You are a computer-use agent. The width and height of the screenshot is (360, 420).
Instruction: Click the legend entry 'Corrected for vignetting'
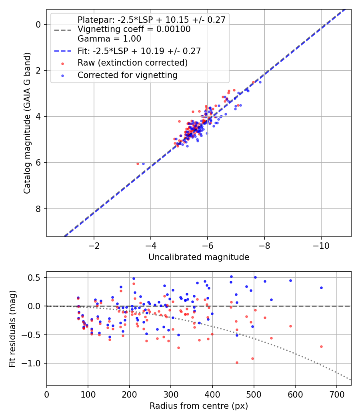(x=127, y=75)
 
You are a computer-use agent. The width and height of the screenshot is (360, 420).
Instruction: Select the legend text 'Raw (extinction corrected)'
(x=132, y=63)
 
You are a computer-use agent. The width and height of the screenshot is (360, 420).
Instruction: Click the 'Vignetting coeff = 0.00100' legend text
(x=134, y=29)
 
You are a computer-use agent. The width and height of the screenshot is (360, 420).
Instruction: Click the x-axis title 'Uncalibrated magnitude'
(x=199, y=257)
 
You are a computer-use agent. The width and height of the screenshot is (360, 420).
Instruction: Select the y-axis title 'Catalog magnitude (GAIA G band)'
(x=27, y=123)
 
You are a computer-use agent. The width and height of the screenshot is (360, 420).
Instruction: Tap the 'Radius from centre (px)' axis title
(x=199, y=406)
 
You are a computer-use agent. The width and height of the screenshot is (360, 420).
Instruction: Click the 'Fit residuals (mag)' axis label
(x=12, y=328)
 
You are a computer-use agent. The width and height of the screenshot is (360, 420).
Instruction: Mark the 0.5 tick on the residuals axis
(x=37, y=278)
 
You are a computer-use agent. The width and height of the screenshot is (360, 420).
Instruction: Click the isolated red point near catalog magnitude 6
(x=138, y=164)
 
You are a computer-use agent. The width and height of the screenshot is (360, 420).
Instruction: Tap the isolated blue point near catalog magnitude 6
(x=143, y=164)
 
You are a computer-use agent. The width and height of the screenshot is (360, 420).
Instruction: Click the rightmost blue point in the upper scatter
(x=260, y=82)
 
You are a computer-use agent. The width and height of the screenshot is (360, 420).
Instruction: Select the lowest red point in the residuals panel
(x=237, y=362)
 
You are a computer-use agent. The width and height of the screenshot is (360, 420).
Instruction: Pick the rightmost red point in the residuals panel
(x=321, y=346)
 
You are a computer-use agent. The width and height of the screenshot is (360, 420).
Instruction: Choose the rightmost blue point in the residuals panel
(x=321, y=288)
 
